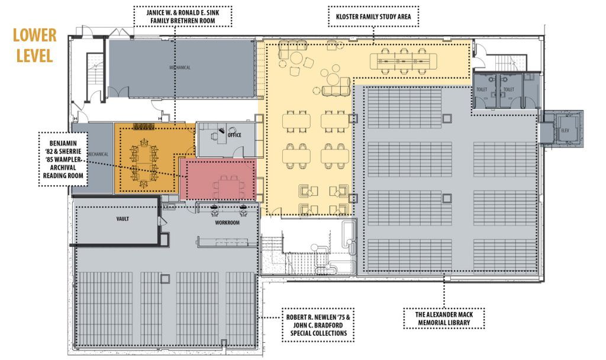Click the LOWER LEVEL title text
coord(35,45)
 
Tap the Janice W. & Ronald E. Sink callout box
coord(181,17)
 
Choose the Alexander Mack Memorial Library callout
coord(444,318)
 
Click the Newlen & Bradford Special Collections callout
coord(313,325)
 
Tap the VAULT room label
coord(123,218)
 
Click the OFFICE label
coord(234,135)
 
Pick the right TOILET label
coord(509,89)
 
